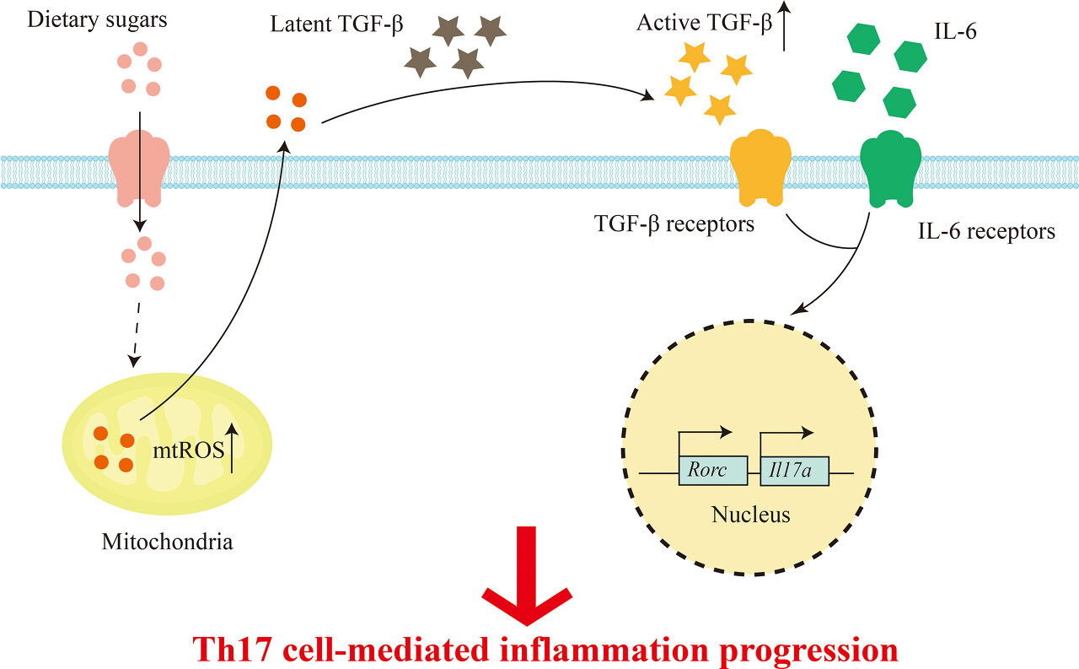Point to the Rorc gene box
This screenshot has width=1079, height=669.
(713, 471)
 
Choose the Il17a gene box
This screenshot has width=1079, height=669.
(794, 471)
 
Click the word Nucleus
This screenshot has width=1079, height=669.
(751, 514)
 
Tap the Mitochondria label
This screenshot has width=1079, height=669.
(167, 541)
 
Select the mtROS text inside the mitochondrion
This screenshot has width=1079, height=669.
(186, 450)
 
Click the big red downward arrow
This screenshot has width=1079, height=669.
(527, 582)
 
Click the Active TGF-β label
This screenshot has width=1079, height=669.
(704, 23)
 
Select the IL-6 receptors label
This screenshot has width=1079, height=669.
(986, 231)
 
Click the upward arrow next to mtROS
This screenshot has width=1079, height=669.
(234, 445)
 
